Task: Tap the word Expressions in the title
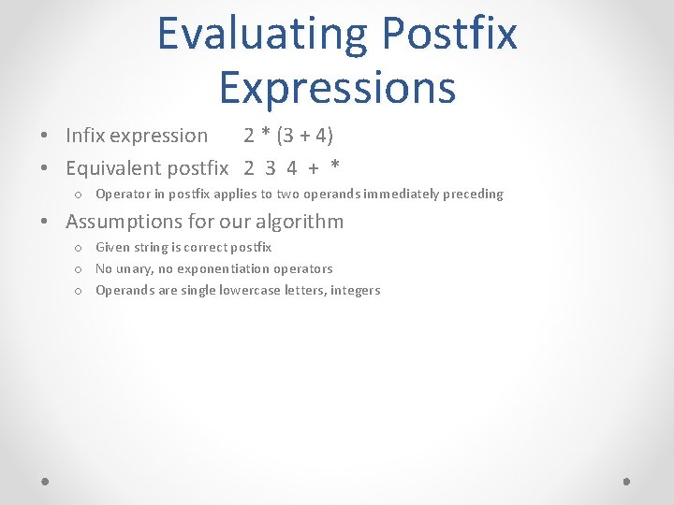(337, 87)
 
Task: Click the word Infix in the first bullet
(85, 136)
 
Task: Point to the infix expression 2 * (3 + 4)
(288, 136)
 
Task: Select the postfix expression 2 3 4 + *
(291, 168)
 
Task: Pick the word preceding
(476, 195)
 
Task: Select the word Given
(113, 248)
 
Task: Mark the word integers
(355, 291)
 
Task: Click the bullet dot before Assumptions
(46, 223)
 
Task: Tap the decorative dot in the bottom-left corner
(46, 481)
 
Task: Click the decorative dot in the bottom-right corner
(626, 481)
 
